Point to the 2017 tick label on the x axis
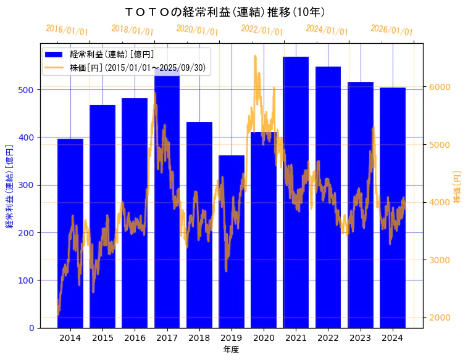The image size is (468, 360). [x=167, y=337]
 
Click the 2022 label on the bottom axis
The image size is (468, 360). [x=328, y=337]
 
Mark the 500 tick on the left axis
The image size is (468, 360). [x=30, y=90]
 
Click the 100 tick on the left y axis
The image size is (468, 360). [x=30, y=280]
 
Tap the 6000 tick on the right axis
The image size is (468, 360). [x=440, y=87]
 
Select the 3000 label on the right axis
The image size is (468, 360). [x=440, y=260]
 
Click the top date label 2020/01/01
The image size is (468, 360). [x=197, y=30]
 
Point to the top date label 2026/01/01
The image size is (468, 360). [x=391, y=30]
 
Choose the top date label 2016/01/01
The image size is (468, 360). [x=67, y=30]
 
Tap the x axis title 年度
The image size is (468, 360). [x=231, y=349]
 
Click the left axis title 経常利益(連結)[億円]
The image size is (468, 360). [x=9, y=186]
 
